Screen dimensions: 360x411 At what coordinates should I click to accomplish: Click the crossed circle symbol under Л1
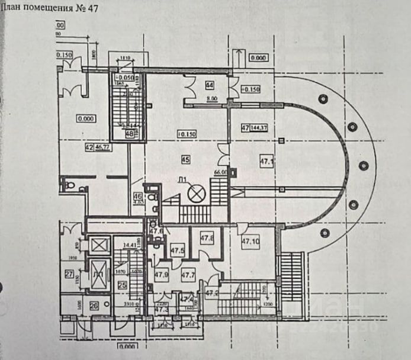click(194, 193)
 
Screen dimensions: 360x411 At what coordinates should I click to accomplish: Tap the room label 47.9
click(161, 275)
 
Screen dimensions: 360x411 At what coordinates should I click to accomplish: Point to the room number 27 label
click(69, 274)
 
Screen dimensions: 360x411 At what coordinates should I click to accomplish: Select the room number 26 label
click(94, 306)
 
